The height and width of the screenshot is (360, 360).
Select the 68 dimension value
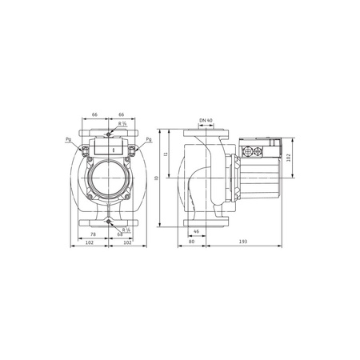pyautogui.click(x=119, y=234)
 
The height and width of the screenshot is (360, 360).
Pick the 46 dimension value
pyautogui.click(x=196, y=230)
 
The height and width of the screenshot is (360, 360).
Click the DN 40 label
pyautogui.click(x=205, y=121)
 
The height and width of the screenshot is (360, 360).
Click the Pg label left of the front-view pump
pyautogui.click(x=69, y=140)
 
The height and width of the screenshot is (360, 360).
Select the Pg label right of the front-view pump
pyautogui.click(x=148, y=140)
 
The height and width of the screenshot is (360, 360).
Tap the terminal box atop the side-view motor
pyautogui.click(x=261, y=149)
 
